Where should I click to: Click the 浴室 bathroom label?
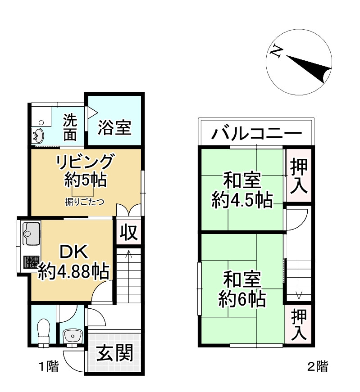point(115,128)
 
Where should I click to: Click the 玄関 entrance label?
point(115,353)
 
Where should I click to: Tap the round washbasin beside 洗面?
point(39,135)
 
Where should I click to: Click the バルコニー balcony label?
point(256,134)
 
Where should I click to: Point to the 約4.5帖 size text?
point(242,200)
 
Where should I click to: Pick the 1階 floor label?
point(48,367)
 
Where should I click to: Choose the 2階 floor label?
point(318,366)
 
